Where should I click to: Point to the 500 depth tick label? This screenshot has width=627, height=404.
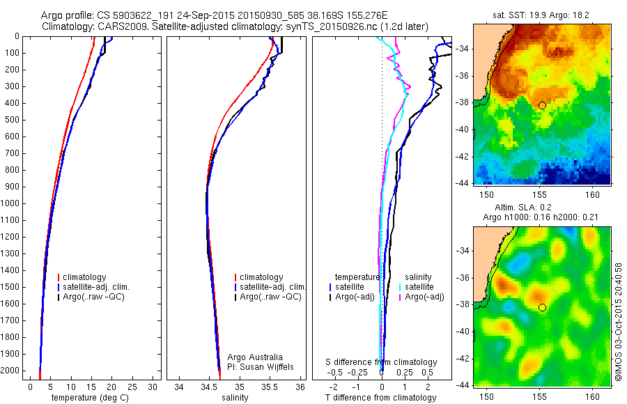(x=13, y=120)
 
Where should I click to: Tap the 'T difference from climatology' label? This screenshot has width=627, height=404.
(x=380, y=398)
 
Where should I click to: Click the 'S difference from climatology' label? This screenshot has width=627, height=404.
(x=382, y=362)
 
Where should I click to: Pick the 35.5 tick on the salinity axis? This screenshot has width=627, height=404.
(x=270, y=387)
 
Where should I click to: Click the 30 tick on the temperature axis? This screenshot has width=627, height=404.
(x=153, y=387)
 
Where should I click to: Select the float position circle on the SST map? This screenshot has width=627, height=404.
(x=542, y=105)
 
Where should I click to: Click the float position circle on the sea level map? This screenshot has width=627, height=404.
(x=542, y=307)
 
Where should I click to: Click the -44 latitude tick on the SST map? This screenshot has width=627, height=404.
(x=619, y=182)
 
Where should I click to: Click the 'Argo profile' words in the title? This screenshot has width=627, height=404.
(x=66, y=15)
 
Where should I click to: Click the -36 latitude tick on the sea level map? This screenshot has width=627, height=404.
(x=619, y=277)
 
